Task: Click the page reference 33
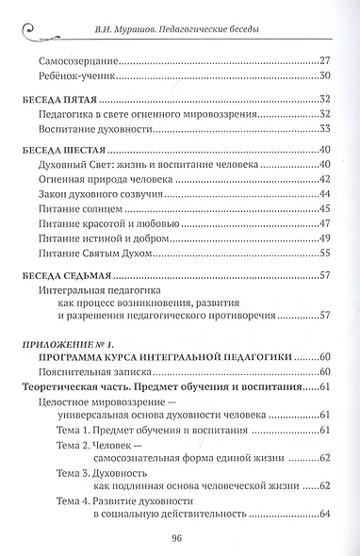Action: [325, 130]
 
